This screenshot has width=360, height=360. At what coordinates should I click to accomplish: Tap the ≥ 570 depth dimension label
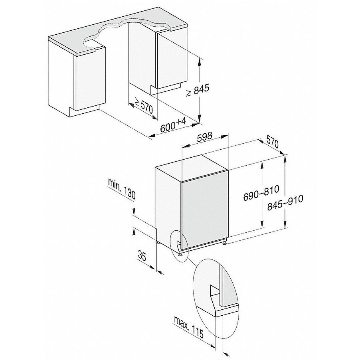tap(143, 107)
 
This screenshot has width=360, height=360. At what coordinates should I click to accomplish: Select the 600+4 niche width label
tap(173, 127)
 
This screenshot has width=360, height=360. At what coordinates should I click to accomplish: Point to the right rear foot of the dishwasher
tap(226, 241)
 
